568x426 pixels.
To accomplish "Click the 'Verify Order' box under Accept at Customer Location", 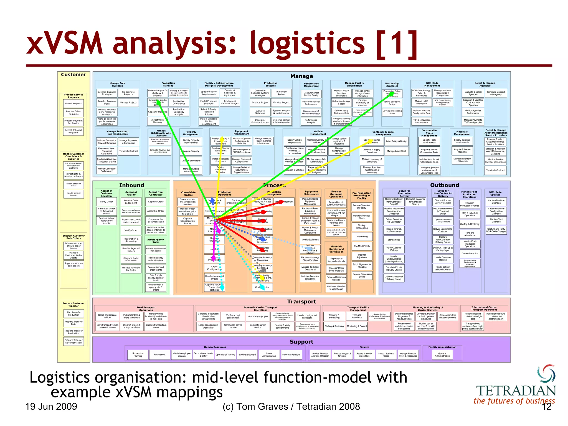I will [x=106, y=202].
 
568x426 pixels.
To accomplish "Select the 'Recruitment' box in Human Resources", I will [x=159, y=355].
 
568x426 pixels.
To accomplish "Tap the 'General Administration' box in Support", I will [x=442, y=355].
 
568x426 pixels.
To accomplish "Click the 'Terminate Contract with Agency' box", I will [x=496, y=93].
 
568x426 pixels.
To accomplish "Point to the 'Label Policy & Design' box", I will [x=396, y=141].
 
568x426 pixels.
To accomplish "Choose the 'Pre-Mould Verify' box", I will [x=362, y=246].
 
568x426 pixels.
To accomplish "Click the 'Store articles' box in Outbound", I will [x=394, y=240].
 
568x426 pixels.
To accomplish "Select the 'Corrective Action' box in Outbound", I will [x=470, y=253].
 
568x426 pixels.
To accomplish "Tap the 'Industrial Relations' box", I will [x=291, y=355].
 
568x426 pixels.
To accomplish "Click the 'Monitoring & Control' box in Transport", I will [x=357, y=326].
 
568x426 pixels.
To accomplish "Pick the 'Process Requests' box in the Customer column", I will [x=73, y=104].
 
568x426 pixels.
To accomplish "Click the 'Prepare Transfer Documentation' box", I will [x=73, y=341].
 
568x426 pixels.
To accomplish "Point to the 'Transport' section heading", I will [x=301, y=302].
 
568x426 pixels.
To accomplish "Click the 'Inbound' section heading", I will [x=131, y=185].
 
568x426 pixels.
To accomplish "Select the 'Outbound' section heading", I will [x=444, y=185].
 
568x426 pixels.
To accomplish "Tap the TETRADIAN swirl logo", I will [x=546, y=373].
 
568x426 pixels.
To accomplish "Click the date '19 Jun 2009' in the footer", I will [x=51, y=407].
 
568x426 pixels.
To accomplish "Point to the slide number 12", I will [x=547, y=407].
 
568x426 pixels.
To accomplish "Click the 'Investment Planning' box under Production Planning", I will [x=157, y=121].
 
